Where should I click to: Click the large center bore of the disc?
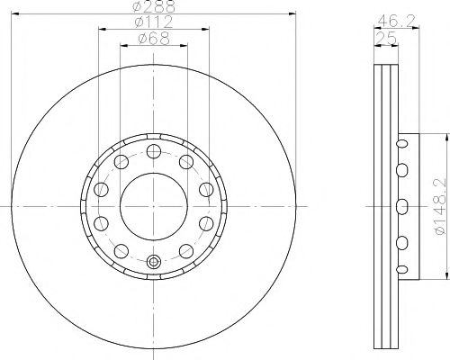[x=153, y=205]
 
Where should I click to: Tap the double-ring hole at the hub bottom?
[x=153, y=263]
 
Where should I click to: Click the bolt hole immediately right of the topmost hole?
[x=185, y=161]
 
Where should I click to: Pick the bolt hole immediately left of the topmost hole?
[x=121, y=161]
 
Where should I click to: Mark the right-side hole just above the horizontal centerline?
[x=205, y=190]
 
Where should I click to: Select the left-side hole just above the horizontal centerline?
[x=101, y=190]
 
